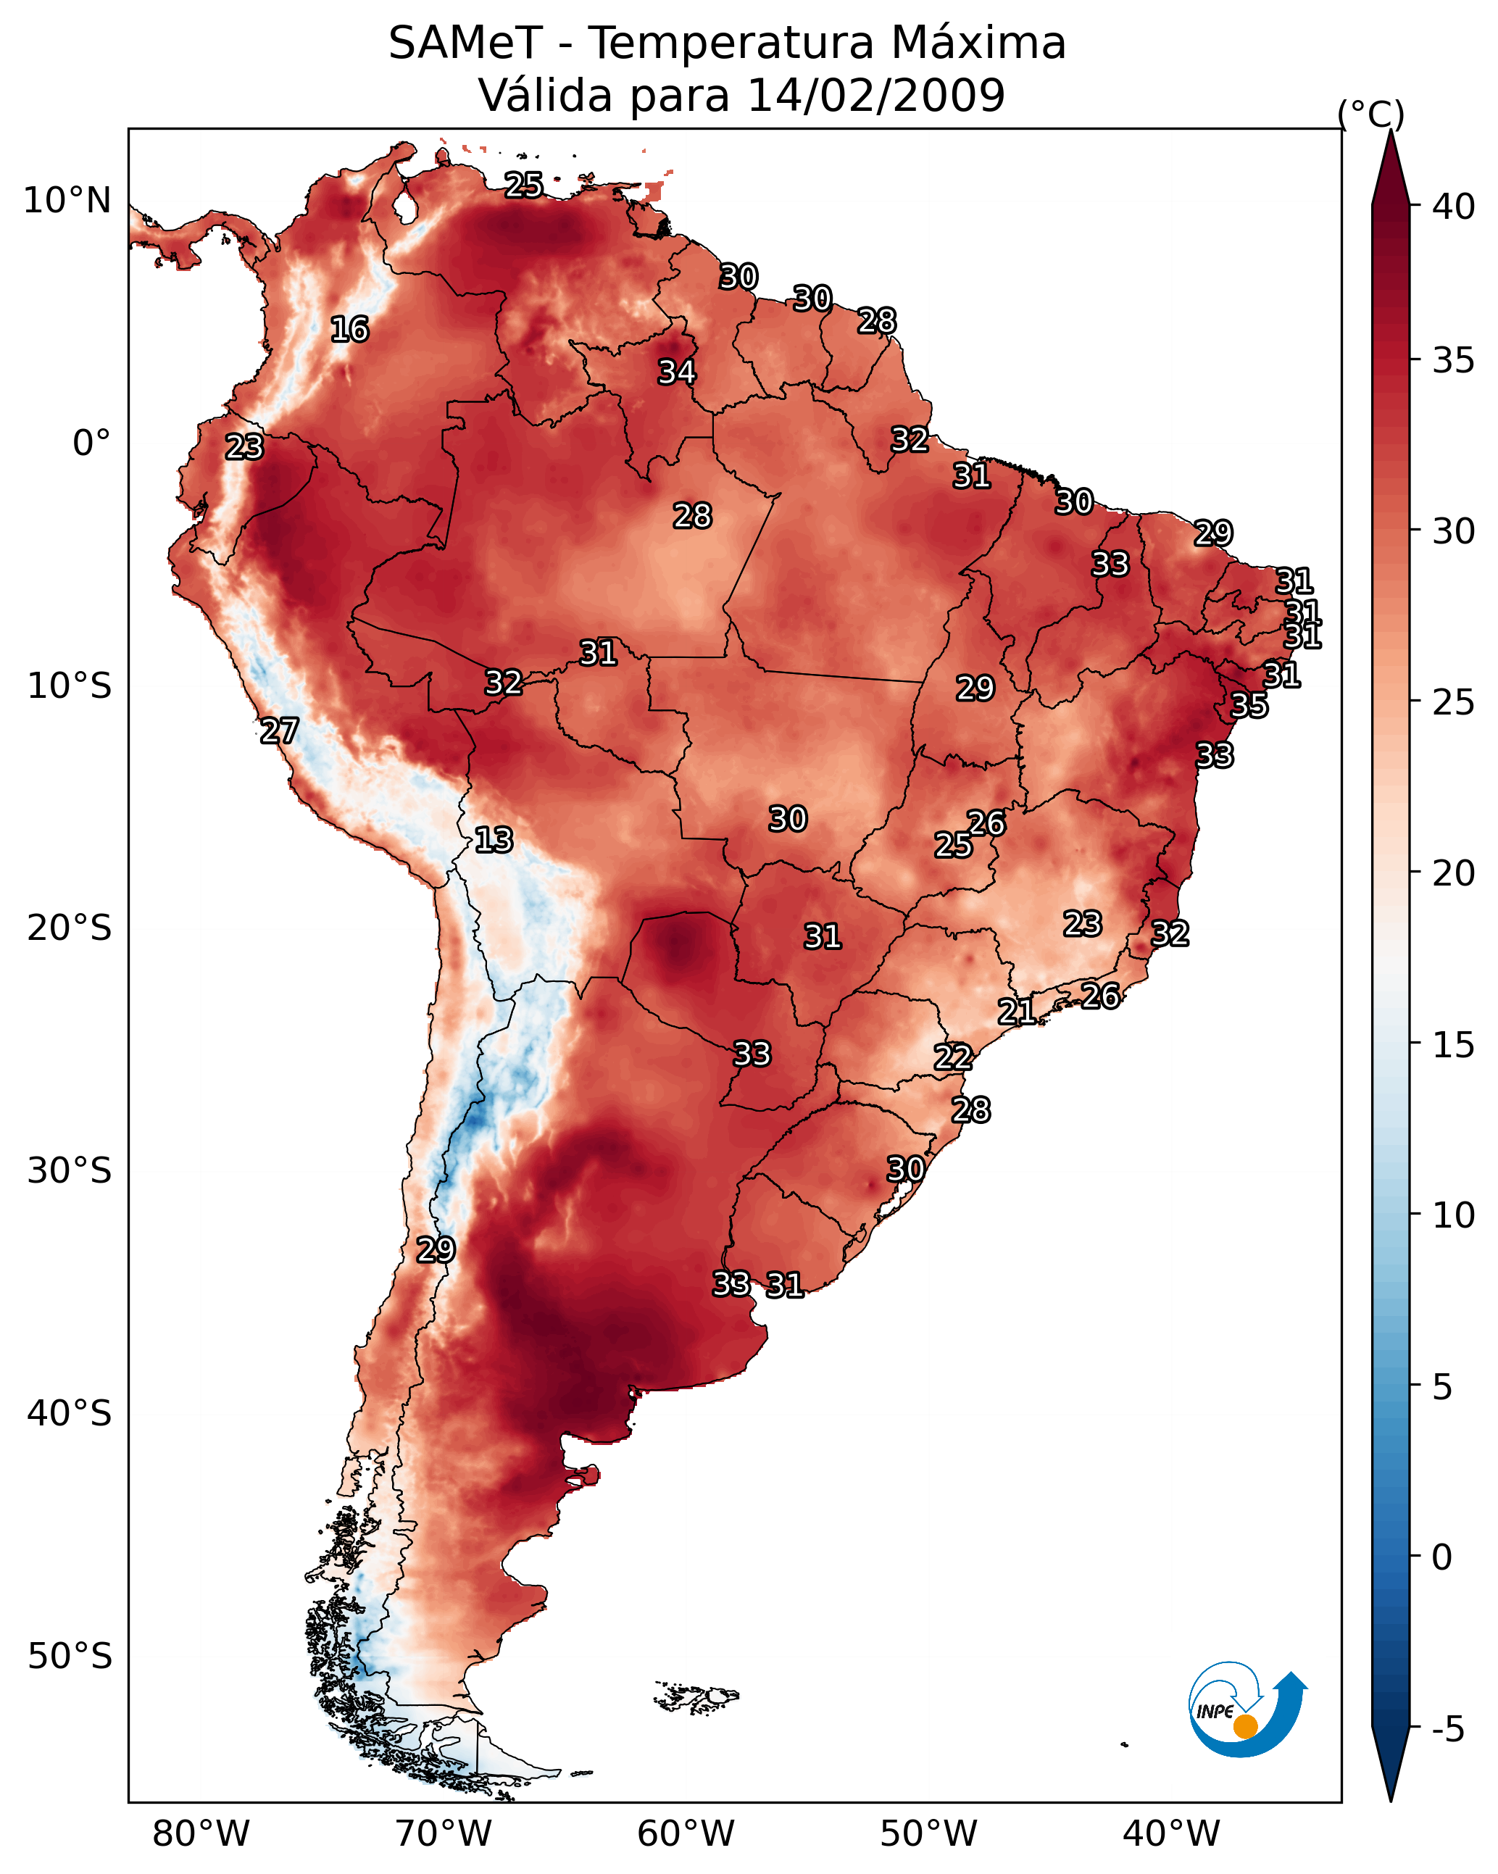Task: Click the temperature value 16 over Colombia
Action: tap(349, 330)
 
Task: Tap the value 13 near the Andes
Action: tap(493, 840)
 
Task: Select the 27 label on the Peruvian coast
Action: tap(279, 731)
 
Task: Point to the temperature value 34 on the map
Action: tap(676, 372)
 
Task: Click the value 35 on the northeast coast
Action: tap(1249, 705)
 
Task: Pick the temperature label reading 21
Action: tap(1016, 1011)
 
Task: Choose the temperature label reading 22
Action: tap(953, 1057)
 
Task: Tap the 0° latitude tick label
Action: tap(91, 443)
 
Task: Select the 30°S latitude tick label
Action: tap(70, 1171)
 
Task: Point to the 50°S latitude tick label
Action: tap(70, 1656)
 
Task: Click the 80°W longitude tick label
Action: tap(201, 1833)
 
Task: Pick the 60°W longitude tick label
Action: tap(686, 1833)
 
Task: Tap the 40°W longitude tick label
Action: tap(1171, 1833)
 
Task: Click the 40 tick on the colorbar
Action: tap(1454, 207)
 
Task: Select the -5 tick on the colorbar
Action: tap(1447, 1730)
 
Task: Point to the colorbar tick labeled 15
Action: tap(1454, 1045)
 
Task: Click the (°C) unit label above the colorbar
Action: tap(1370, 114)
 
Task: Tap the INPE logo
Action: tap(1246, 1711)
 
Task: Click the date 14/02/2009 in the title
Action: tap(875, 95)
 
